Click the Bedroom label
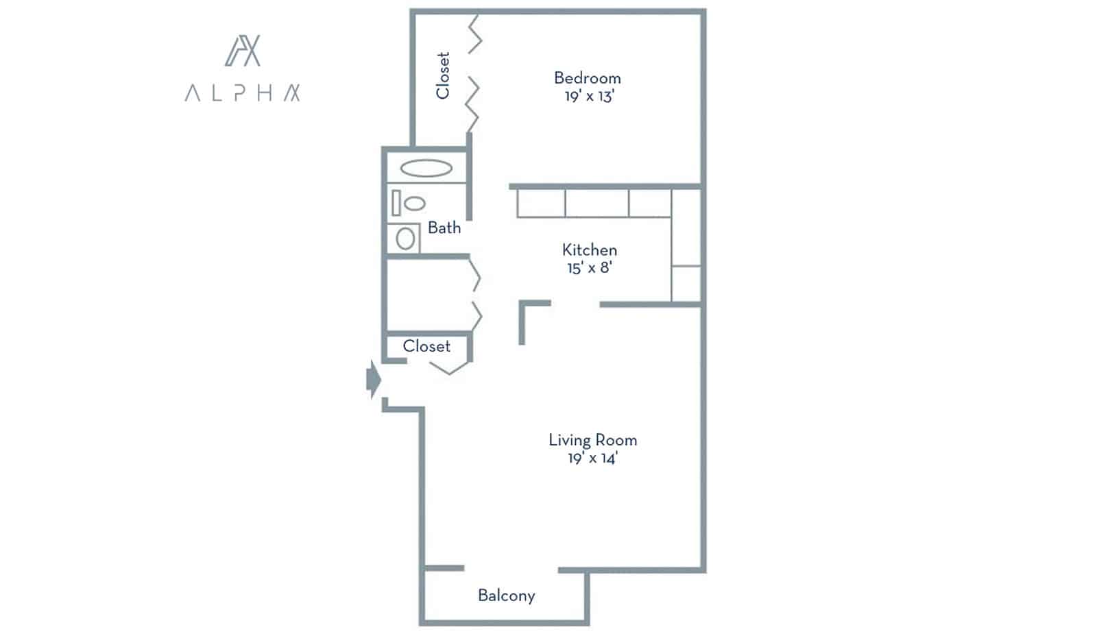(x=587, y=78)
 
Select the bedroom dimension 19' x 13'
(x=588, y=96)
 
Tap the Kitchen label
(x=589, y=249)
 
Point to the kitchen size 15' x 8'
(x=589, y=267)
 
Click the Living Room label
(x=592, y=440)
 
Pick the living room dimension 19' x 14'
(x=592, y=458)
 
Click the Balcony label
(x=506, y=596)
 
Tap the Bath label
(x=444, y=228)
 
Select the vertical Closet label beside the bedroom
(x=443, y=75)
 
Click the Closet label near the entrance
(x=426, y=346)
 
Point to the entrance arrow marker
(x=373, y=379)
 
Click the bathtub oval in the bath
(x=426, y=168)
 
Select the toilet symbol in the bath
(x=409, y=203)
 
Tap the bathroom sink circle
(x=405, y=239)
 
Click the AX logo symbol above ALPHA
(x=243, y=51)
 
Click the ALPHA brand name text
(x=242, y=93)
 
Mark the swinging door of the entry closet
(x=450, y=367)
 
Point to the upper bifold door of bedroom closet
(x=475, y=35)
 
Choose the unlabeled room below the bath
(x=426, y=295)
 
